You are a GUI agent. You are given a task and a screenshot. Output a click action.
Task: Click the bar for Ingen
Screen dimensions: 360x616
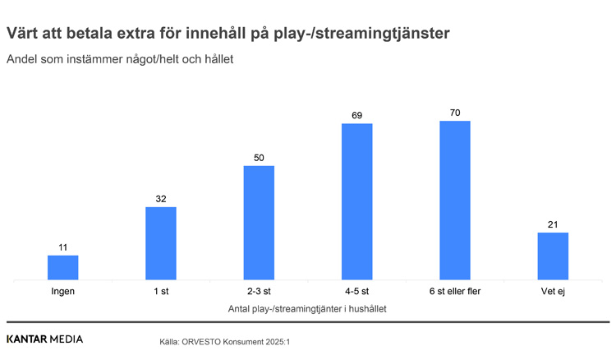[x=63, y=267]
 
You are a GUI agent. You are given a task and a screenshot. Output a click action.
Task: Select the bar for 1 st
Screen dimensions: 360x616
[x=161, y=243]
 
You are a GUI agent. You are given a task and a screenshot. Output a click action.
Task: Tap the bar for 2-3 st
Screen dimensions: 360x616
[x=259, y=223]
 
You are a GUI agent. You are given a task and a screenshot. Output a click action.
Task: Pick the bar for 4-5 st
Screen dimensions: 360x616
[x=357, y=201]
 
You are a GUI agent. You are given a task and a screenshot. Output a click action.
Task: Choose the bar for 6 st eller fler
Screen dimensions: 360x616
[x=455, y=200]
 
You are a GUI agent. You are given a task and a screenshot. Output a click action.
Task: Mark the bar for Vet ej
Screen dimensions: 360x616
[x=553, y=256]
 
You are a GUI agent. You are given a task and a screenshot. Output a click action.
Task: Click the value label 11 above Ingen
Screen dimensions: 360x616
[x=63, y=247]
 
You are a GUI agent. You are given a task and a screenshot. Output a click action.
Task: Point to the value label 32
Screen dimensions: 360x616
[x=161, y=199]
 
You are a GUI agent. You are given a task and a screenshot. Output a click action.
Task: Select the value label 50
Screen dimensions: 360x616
[x=259, y=158]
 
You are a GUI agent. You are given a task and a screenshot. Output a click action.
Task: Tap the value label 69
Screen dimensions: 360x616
[x=357, y=116]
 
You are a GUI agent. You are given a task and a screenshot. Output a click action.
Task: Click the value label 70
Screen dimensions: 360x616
[x=455, y=113]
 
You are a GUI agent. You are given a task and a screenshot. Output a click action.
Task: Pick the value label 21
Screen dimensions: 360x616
[x=553, y=224]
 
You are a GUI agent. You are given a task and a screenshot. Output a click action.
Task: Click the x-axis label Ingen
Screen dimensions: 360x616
[x=63, y=292]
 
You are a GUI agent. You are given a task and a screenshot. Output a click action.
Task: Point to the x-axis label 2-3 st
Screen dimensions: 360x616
[x=259, y=292]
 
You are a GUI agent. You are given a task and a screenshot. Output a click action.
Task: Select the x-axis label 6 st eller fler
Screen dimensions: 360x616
[x=455, y=292]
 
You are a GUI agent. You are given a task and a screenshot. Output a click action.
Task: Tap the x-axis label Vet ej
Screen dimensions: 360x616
[x=553, y=292]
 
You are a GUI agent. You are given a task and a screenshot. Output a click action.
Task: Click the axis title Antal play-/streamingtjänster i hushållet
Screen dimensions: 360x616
[x=307, y=309]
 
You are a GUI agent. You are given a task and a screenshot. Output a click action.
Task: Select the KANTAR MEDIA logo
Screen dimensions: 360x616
[x=44, y=339]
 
